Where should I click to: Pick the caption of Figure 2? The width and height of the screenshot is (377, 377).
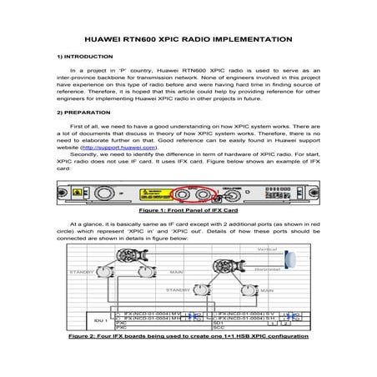point(188,337)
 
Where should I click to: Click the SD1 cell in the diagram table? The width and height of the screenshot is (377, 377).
point(219,323)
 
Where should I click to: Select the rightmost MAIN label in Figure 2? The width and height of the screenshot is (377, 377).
point(267,289)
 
